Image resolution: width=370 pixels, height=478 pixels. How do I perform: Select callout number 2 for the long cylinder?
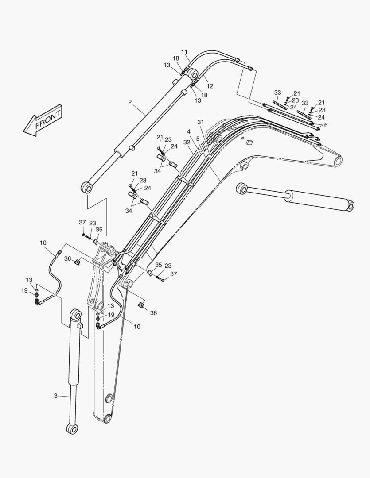130,102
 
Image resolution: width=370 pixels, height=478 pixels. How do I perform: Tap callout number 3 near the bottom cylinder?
56,396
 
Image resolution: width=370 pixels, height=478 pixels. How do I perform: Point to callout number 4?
189,131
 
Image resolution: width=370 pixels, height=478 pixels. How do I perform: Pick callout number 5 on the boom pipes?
198,139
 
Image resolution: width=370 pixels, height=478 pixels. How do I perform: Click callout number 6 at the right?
326,125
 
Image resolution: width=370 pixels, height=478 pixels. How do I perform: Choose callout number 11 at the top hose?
185,51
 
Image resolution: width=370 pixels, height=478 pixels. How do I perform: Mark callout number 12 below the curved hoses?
210,86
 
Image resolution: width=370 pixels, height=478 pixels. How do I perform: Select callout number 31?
200,122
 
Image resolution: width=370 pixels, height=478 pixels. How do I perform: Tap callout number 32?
187,142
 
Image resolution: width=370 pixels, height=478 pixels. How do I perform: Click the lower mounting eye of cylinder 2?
86,188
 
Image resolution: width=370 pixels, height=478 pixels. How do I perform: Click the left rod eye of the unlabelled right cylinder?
242,189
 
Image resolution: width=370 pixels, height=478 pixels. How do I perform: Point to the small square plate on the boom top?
249,143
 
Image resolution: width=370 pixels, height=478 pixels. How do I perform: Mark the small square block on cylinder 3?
80,325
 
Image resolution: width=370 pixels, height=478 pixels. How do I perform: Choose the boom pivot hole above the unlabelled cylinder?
244,166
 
